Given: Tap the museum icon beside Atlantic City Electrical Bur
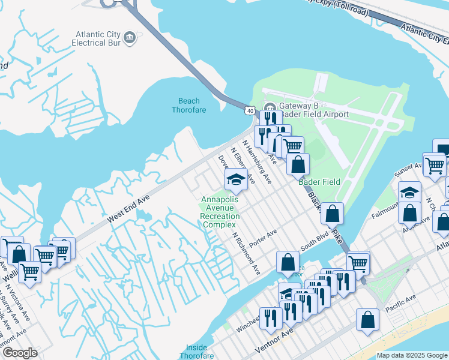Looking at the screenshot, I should (x=128, y=39).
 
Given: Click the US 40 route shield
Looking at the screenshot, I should (x=249, y=110).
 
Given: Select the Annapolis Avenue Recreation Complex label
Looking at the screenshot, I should (x=220, y=212).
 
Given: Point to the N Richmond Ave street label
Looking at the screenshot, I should (x=247, y=254).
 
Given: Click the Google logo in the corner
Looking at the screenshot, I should (x=20, y=353).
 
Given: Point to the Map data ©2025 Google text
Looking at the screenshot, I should (x=411, y=355).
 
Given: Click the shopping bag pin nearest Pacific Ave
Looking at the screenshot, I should (x=367, y=320).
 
